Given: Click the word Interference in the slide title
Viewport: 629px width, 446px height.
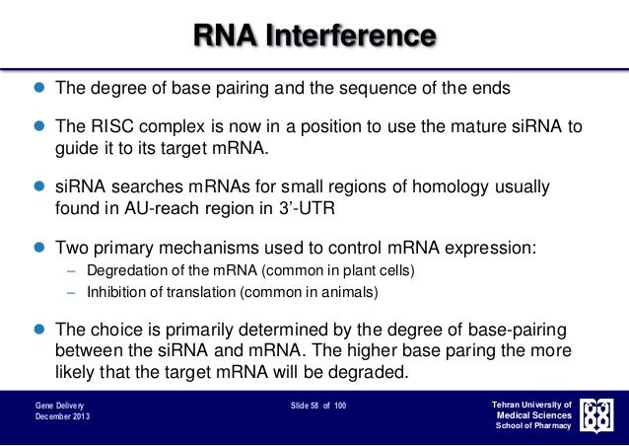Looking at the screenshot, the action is tap(361, 37).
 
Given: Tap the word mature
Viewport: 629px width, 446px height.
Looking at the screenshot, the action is tap(475, 127).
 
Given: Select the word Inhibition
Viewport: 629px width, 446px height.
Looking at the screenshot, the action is tap(114, 293).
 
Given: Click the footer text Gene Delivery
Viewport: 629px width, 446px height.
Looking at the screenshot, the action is tap(59, 406).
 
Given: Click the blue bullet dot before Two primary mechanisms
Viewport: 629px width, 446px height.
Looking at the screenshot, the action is tap(39, 249).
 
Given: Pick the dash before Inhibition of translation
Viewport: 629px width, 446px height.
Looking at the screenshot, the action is tap(71, 293).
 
